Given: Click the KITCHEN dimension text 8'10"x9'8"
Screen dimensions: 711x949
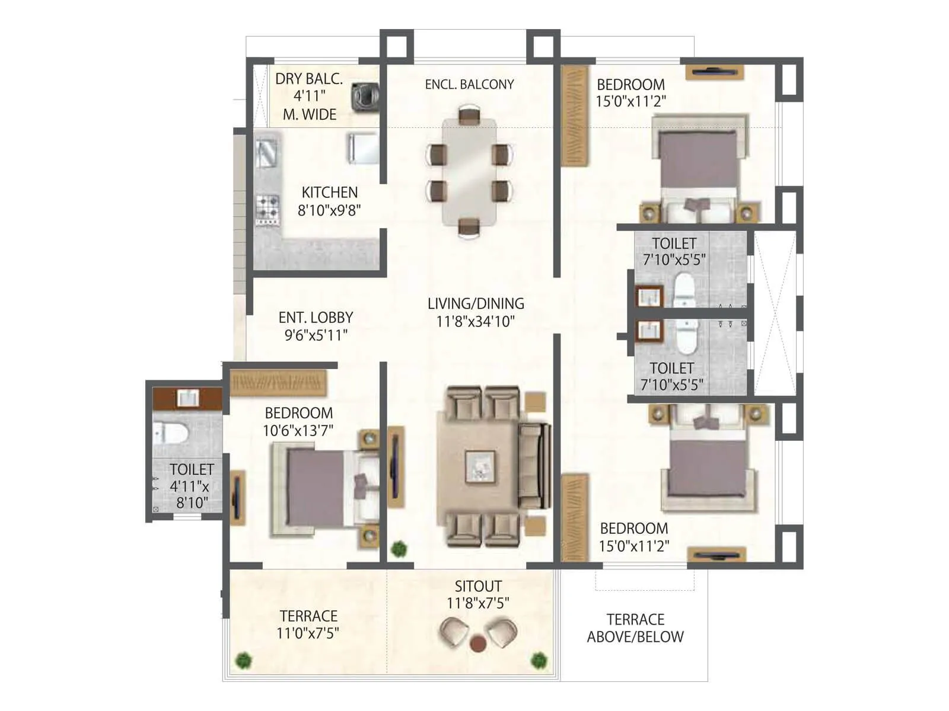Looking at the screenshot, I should pyautogui.click(x=329, y=210).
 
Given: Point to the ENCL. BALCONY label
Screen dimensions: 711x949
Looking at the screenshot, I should pyautogui.click(x=469, y=84).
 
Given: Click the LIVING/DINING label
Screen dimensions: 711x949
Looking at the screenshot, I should pyautogui.click(x=476, y=303).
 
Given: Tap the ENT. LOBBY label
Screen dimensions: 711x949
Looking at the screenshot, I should pyautogui.click(x=316, y=318).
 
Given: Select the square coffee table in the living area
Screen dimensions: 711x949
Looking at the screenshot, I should pyautogui.click(x=480, y=466).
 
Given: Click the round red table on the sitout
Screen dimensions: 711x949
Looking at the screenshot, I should pyautogui.click(x=478, y=643).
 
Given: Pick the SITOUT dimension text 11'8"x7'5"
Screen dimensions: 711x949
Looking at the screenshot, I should pyautogui.click(x=477, y=603).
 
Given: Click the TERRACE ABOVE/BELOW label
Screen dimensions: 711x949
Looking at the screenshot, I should pyautogui.click(x=635, y=628).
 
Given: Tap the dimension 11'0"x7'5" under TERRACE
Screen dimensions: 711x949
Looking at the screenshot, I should pyautogui.click(x=307, y=633).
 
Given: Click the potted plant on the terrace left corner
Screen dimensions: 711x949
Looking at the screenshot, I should pyautogui.click(x=243, y=659).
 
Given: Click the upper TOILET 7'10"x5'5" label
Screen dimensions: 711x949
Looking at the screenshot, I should pyautogui.click(x=674, y=251).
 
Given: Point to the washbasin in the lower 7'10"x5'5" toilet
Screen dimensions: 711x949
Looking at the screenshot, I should pyautogui.click(x=648, y=331).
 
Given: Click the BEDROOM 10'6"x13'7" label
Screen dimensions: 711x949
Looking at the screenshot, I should pyautogui.click(x=298, y=421).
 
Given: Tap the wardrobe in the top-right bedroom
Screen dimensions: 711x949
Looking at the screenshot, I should pyautogui.click(x=574, y=117).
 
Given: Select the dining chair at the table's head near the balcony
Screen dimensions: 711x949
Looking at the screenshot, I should pyautogui.click(x=469, y=114).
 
